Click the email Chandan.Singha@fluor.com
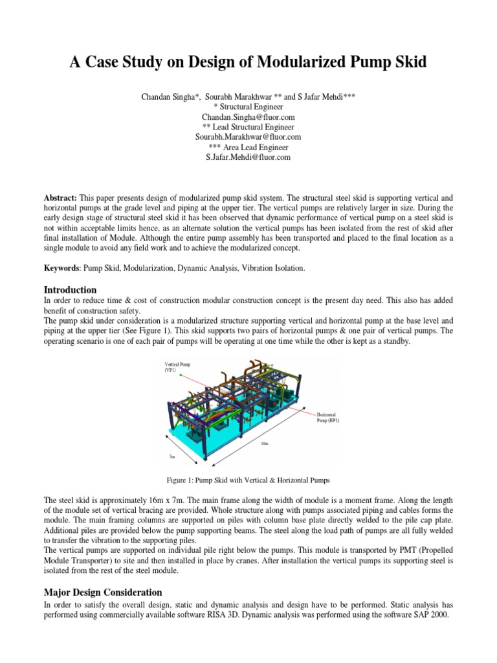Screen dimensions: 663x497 point(248,117)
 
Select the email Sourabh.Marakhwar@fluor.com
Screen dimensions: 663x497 point(248,137)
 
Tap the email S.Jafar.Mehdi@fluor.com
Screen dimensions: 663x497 point(248,157)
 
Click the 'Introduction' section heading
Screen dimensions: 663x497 point(70,289)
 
